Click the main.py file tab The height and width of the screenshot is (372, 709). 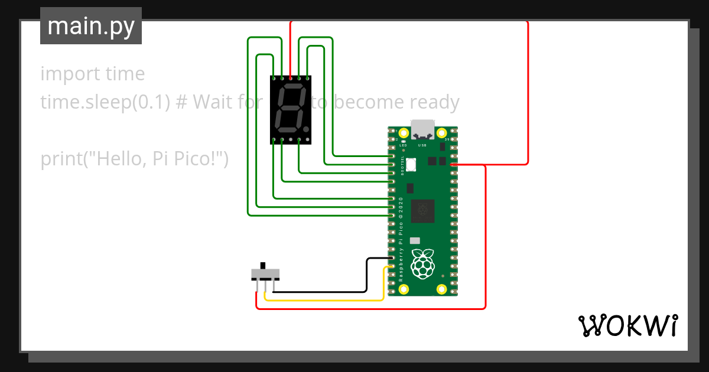(x=91, y=26)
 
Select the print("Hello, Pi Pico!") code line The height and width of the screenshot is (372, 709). (x=134, y=159)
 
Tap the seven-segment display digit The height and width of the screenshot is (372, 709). (x=290, y=109)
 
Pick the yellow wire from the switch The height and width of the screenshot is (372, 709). (x=331, y=300)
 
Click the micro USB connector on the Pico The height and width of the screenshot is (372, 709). (x=422, y=129)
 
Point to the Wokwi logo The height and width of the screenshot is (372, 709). (x=627, y=325)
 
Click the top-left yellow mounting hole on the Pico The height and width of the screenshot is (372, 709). (x=404, y=133)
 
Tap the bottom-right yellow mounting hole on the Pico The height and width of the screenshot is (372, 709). (x=441, y=289)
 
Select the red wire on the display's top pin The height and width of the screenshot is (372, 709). (x=290, y=47)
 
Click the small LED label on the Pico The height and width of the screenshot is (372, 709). (x=403, y=145)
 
